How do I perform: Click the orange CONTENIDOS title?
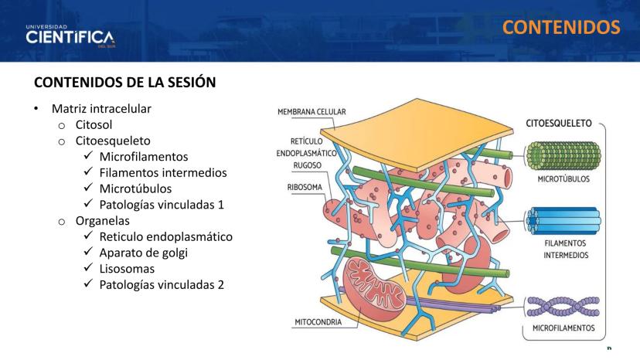(x=561, y=27)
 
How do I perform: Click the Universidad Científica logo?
(x=70, y=36)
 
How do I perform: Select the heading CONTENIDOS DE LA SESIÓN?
(x=125, y=83)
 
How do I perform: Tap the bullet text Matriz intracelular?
(x=101, y=109)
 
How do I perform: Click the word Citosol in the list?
(x=94, y=124)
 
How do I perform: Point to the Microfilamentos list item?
(x=144, y=156)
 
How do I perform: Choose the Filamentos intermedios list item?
(x=163, y=172)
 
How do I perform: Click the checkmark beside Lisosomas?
(x=89, y=267)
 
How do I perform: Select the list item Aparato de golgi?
(x=143, y=253)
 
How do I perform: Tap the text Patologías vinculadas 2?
(x=162, y=285)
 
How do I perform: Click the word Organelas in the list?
(x=103, y=221)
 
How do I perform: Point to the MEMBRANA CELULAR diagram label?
(x=311, y=112)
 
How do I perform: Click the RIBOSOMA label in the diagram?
(x=305, y=188)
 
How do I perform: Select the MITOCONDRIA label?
(x=318, y=322)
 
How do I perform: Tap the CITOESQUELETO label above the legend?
(x=558, y=124)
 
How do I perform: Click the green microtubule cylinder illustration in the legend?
(x=563, y=155)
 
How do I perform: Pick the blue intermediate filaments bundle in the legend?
(x=563, y=221)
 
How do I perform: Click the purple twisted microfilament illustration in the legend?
(x=563, y=307)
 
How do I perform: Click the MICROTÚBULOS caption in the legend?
(x=563, y=178)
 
